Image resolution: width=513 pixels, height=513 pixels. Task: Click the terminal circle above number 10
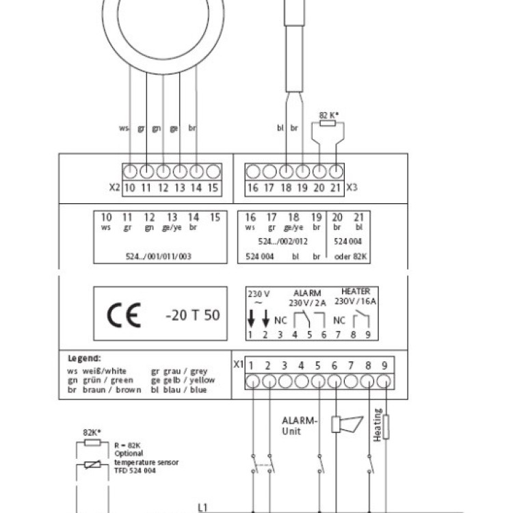(x=129, y=171)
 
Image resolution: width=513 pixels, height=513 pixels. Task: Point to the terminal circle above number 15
(x=213, y=171)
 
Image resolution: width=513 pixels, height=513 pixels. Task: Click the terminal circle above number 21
(x=337, y=171)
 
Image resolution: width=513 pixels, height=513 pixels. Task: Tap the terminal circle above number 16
(x=252, y=171)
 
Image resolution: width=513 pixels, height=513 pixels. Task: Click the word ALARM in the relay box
(x=307, y=292)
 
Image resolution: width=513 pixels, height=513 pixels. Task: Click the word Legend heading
(x=84, y=358)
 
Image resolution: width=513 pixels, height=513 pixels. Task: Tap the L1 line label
(x=202, y=507)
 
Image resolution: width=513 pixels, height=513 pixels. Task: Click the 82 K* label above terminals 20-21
(x=329, y=116)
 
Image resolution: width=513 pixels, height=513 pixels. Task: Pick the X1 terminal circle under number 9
(x=385, y=380)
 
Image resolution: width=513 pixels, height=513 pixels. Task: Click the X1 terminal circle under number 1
(x=252, y=380)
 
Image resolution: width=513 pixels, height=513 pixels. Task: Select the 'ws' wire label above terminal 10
(x=124, y=128)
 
